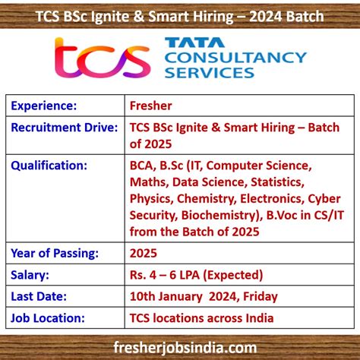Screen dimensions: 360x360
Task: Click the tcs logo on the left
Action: pos(103,58)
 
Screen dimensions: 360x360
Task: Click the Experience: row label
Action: pos(43,106)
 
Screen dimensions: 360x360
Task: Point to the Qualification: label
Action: pos(49,165)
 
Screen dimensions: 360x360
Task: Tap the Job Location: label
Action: pos(48,317)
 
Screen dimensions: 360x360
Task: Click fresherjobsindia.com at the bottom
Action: pos(180,346)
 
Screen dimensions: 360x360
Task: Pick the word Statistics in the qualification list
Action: pos(273,182)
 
